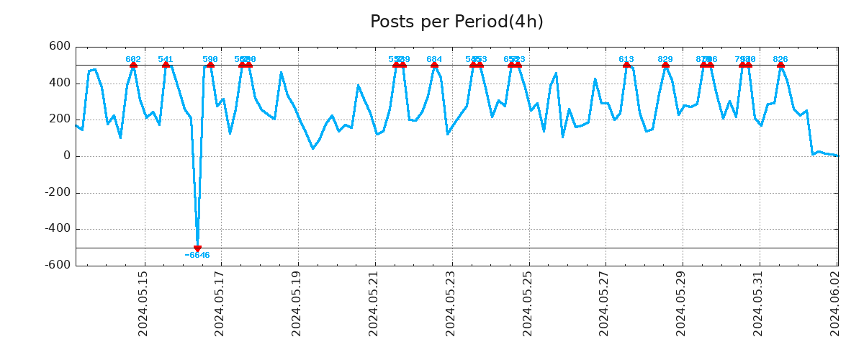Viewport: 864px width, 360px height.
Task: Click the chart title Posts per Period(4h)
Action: point(456,22)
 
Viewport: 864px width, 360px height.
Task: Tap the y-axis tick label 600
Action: point(60,47)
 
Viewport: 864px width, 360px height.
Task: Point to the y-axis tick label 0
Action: point(67,156)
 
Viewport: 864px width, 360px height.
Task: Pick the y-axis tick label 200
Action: point(60,120)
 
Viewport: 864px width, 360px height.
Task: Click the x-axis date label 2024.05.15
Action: point(143,303)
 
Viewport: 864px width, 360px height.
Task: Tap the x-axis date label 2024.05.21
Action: point(374,303)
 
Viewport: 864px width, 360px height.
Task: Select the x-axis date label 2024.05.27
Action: point(604,303)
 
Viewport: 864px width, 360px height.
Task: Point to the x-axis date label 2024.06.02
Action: point(834,303)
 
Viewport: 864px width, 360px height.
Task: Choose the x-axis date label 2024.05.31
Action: point(757,303)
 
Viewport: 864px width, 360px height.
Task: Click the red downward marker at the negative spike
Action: point(197,248)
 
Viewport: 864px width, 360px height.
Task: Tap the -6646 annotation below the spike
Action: point(197,256)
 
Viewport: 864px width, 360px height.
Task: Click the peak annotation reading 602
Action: point(133,59)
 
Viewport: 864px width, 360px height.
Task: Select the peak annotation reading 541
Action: point(166,59)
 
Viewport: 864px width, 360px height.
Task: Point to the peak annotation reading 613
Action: point(626,59)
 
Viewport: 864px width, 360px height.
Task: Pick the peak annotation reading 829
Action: point(665,59)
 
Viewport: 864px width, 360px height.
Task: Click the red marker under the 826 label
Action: point(780,65)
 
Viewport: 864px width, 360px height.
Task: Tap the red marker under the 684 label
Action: point(434,65)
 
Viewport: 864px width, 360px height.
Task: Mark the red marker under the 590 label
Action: point(210,65)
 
